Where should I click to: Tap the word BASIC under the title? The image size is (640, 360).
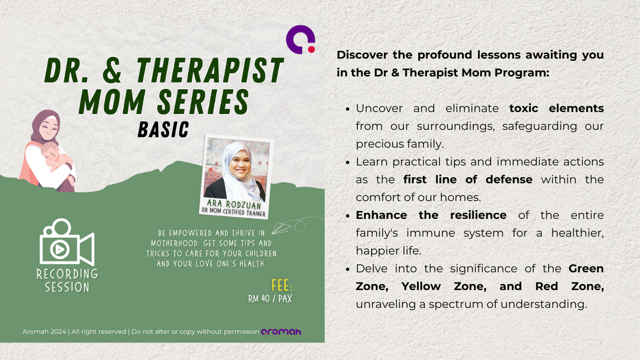click(163, 129)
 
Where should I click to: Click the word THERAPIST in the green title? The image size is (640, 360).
click(210, 70)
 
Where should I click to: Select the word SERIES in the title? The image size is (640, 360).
click(203, 101)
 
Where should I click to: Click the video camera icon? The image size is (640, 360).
click(67, 241)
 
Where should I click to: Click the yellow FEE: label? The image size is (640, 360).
click(281, 285)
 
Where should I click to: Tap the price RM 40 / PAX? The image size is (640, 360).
click(270, 299)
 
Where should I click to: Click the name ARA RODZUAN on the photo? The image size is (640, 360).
click(233, 204)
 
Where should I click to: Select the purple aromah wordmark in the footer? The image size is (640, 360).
click(281, 331)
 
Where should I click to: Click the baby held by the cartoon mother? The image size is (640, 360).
click(55, 157)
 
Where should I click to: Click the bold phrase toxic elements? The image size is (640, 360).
click(556, 108)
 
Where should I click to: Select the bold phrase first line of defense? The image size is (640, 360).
click(468, 179)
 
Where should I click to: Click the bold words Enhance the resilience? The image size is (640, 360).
click(431, 215)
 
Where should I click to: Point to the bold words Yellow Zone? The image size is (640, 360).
click(444, 286)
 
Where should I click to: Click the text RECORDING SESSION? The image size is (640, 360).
click(67, 280)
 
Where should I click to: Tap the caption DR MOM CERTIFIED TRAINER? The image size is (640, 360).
click(233, 212)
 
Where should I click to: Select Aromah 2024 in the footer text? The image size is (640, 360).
click(44, 331)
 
